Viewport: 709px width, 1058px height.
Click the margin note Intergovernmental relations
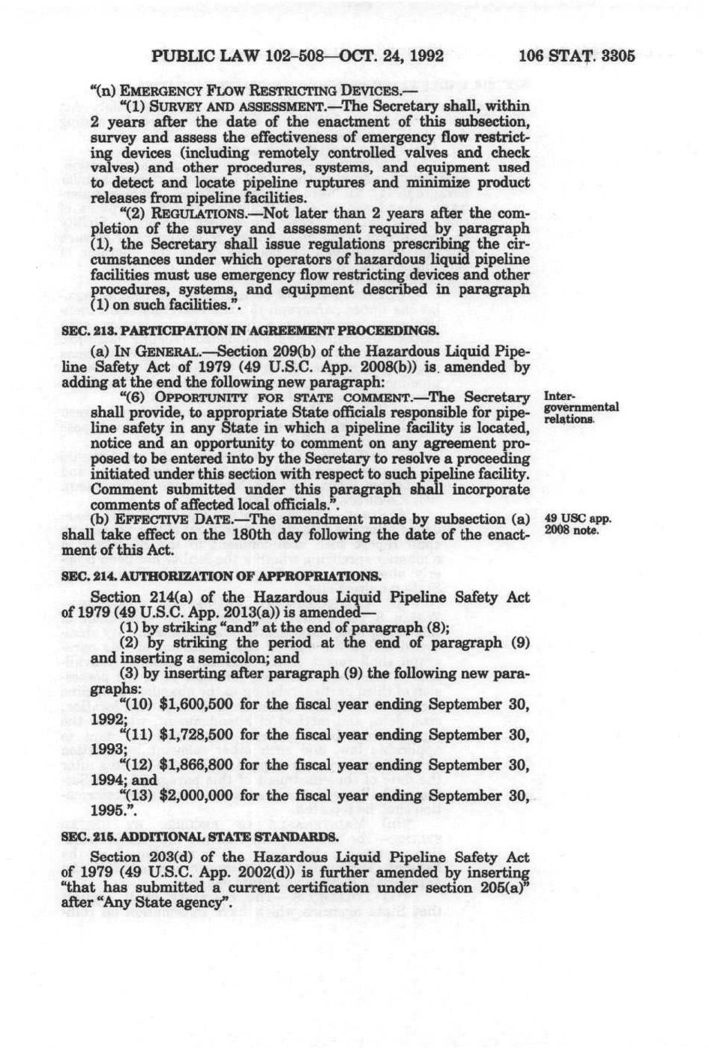click(x=580, y=408)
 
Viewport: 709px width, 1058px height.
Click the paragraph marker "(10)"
click(x=137, y=704)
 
